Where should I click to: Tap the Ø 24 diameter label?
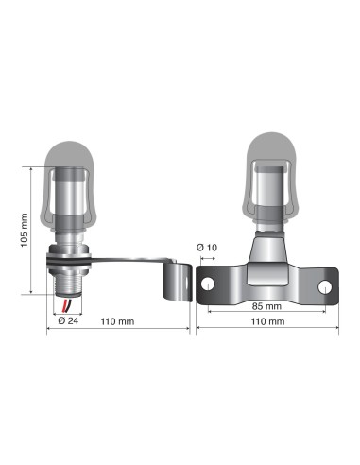pos(66,320)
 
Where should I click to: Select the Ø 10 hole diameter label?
pos(207,248)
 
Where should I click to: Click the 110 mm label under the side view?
pos(119,321)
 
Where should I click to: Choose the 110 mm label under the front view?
pos(268,321)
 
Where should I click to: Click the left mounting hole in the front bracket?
pos(209,284)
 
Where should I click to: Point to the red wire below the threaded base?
pos(64,305)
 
